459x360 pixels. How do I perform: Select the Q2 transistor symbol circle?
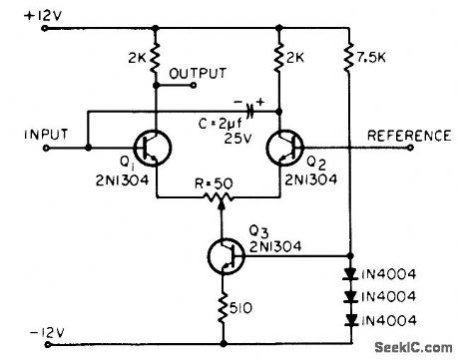point(287,147)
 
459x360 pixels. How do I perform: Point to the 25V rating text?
point(233,140)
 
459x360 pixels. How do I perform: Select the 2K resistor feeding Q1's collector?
point(157,62)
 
